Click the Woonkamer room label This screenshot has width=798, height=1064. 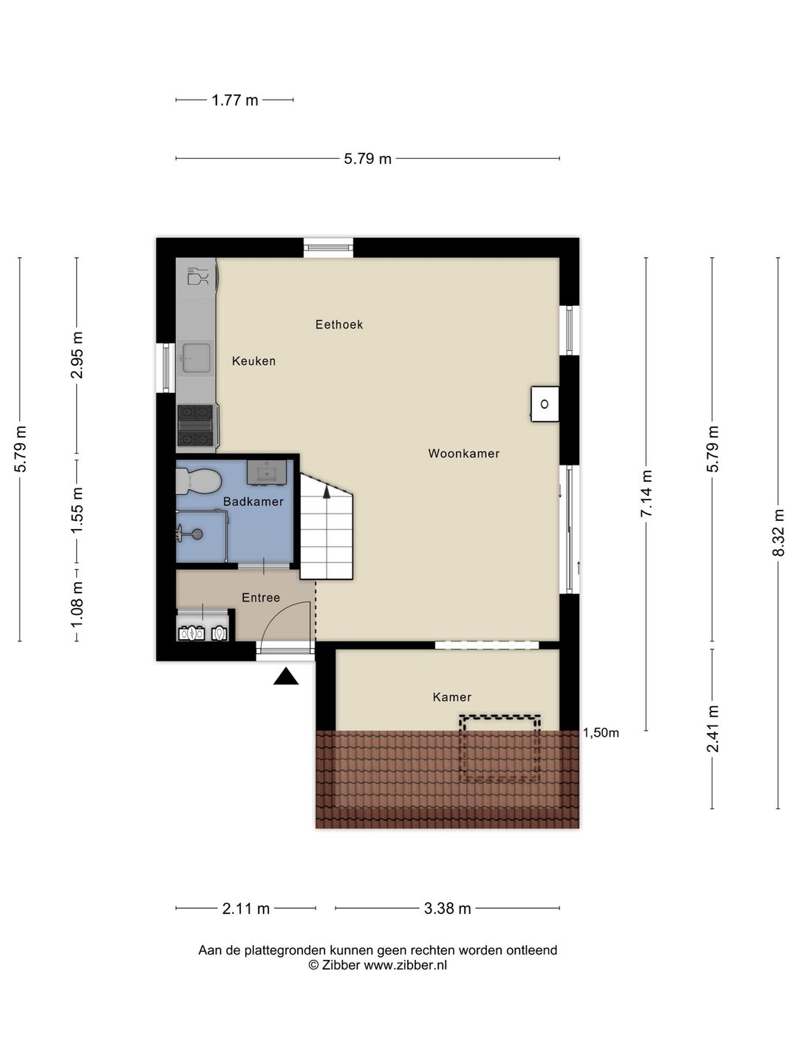pyautogui.click(x=463, y=454)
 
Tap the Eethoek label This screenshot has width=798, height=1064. pyautogui.click(x=338, y=324)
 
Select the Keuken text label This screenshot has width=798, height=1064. pyautogui.click(x=253, y=361)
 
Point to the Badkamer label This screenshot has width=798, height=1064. pyautogui.click(x=253, y=502)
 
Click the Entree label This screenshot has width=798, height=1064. pyautogui.click(x=261, y=598)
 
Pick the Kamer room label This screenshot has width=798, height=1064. pyautogui.click(x=451, y=698)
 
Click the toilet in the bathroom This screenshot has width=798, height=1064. pyautogui.click(x=198, y=482)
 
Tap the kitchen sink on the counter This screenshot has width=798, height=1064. pyautogui.click(x=196, y=358)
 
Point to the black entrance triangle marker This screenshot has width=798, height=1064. pyautogui.click(x=286, y=677)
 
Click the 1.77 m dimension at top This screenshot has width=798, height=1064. pyautogui.click(x=235, y=100)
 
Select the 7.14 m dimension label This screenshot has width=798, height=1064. pyautogui.click(x=647, y=493)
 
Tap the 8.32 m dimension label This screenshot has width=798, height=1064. pyautogui.click(x=778, y=532)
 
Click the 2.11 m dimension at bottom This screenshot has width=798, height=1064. pyautogui.click(x=246, y=909)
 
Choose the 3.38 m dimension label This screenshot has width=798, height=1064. pyautogui.click(x=447, y=909)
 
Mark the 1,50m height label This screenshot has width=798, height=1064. pyautogui.click(x=601, y=733)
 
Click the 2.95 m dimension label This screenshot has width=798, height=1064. pyautogui.click(x=77, y=355)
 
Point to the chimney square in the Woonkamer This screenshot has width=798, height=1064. pyautogui.click(x=545, y=404)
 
